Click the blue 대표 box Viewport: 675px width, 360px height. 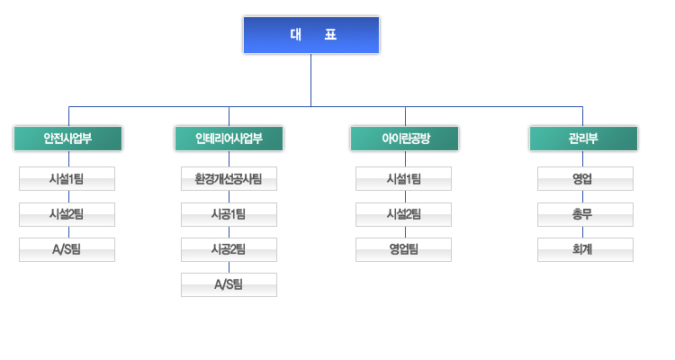[x=311, y=35]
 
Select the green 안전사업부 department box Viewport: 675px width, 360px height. [x=68, y=139]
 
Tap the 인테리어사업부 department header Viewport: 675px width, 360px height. [x=229, y=139]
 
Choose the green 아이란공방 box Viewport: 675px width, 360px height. [x=405, y=139]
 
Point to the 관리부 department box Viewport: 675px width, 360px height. [x=583, y=139]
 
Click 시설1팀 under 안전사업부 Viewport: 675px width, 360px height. [x=67, y=179]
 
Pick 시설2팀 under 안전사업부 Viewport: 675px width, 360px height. [x=67, y=214]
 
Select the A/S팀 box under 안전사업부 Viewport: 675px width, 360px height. [x=67, y=250]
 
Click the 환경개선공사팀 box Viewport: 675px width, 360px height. [x=229, y=179]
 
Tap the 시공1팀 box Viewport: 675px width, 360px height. [x=229, y=214]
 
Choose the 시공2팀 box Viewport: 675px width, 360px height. [x=229, y=250]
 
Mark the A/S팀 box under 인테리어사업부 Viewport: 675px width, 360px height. [x=229, y=284]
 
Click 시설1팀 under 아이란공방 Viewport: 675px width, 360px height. [x=403, y=179]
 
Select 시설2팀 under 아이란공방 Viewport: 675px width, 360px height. [x=403, y=214]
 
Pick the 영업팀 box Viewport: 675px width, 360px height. [x=403, y=250]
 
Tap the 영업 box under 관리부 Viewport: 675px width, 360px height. [x=586, y=179]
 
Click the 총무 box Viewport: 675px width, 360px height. [x=586, y=214]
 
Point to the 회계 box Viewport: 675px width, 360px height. [x=586, y=250]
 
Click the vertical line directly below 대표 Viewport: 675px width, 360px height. [x=310, y=80]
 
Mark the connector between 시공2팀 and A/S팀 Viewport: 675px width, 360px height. [x=229, y=267]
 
